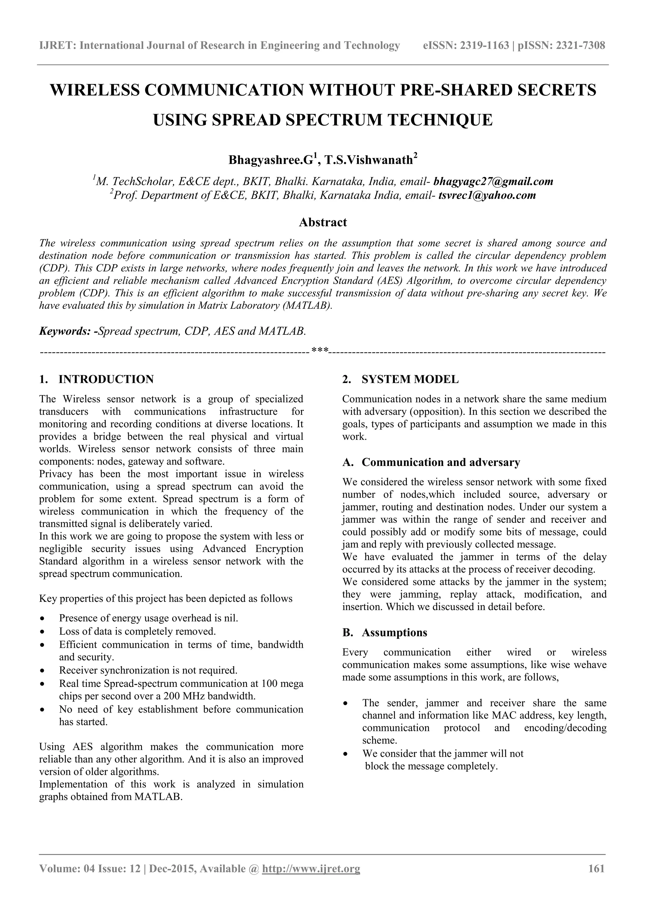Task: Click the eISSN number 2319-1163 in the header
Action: pyautogui.click(x=484, y=46)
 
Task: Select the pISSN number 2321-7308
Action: pyautogui.click(x=580, y=46)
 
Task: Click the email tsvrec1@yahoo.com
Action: pyautogui.click(x=487, y=195)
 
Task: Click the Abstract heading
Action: pyautogui.click(x=323, y=222)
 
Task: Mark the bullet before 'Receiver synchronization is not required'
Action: pyautogui.click(x=43, y=671)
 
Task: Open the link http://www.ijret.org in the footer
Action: pyautogui.click(x=311, y=880)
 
